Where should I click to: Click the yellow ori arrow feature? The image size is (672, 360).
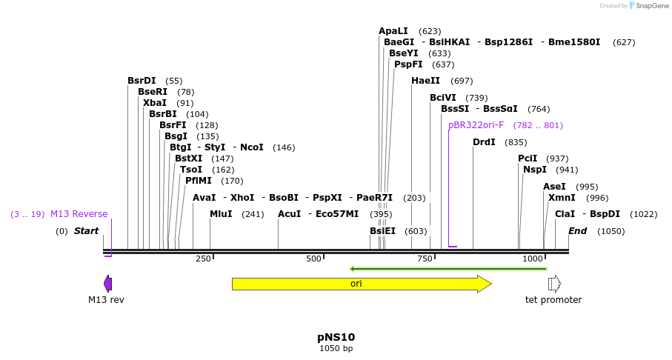(361, 284)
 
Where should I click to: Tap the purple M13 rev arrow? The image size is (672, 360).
(108, 284)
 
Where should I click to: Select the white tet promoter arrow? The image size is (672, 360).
(554, 284)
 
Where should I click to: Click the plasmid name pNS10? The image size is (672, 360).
(336, 337)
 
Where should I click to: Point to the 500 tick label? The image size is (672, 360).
(313, 259)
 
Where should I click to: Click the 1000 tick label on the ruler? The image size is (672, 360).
(533, 259)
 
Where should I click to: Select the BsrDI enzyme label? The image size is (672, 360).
(142, 81)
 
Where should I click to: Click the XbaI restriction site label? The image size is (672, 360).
(155, 103)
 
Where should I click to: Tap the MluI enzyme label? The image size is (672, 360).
(221, 214)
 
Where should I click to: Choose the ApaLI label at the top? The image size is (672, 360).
(393, 31)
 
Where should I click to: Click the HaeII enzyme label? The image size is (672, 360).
(425, 81)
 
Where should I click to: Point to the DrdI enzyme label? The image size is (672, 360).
(484, 142)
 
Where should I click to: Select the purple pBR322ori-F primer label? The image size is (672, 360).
(476, 125)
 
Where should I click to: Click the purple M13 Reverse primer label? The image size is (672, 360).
(79, 214)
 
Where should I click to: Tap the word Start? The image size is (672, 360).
(86, 231)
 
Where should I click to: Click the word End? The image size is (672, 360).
(577, 231)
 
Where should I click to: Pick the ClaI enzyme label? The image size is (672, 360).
(565, 214)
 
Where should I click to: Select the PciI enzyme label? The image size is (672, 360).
(528, 159)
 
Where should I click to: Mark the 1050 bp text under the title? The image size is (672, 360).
(336, 348)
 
